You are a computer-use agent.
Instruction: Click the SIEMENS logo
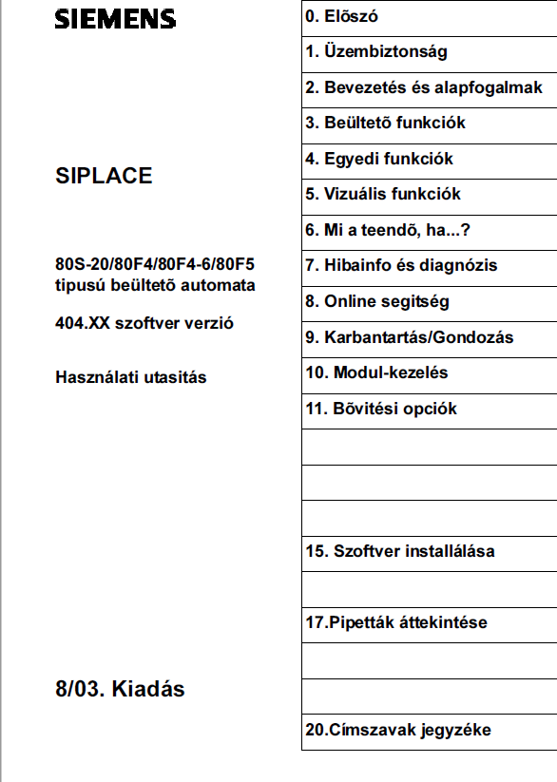115,18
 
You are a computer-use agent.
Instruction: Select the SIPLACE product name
104,176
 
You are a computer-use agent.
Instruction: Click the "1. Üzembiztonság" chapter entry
375,52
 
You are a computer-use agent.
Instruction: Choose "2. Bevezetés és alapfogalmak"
424,87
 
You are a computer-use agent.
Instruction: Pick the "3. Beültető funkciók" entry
385,123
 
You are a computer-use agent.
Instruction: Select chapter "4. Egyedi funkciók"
378,159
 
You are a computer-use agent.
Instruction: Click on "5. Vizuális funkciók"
382,194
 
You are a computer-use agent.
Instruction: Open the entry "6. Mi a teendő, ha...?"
388,230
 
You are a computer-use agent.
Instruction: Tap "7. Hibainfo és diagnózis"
401,265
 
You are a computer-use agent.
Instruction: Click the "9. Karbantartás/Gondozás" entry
409,337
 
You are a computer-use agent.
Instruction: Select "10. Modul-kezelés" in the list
376,372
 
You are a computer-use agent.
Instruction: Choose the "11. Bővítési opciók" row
381,409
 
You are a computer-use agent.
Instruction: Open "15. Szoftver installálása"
399,551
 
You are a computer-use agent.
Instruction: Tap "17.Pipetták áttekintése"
395,623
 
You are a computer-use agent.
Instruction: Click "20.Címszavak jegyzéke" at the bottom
398,731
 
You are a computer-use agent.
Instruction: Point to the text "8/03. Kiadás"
120,689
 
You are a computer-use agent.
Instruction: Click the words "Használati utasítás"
131,377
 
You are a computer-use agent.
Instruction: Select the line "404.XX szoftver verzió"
144,323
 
